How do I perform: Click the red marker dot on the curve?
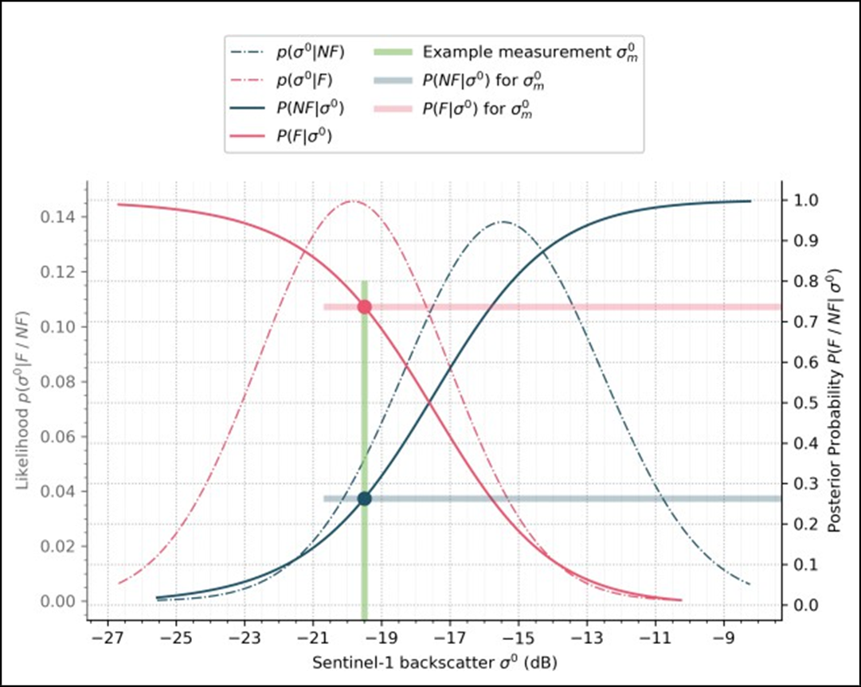pyautogui.click(x=365, y=306)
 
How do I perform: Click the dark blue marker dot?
pyautogui.click(x=365, y=498)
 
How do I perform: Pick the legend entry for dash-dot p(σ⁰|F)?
pyautogui.click(x=305, y=81)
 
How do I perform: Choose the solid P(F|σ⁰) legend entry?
pyautogui.click(x=303, y=136)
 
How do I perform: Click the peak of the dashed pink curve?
pyautogui.click(x=353, y=201)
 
